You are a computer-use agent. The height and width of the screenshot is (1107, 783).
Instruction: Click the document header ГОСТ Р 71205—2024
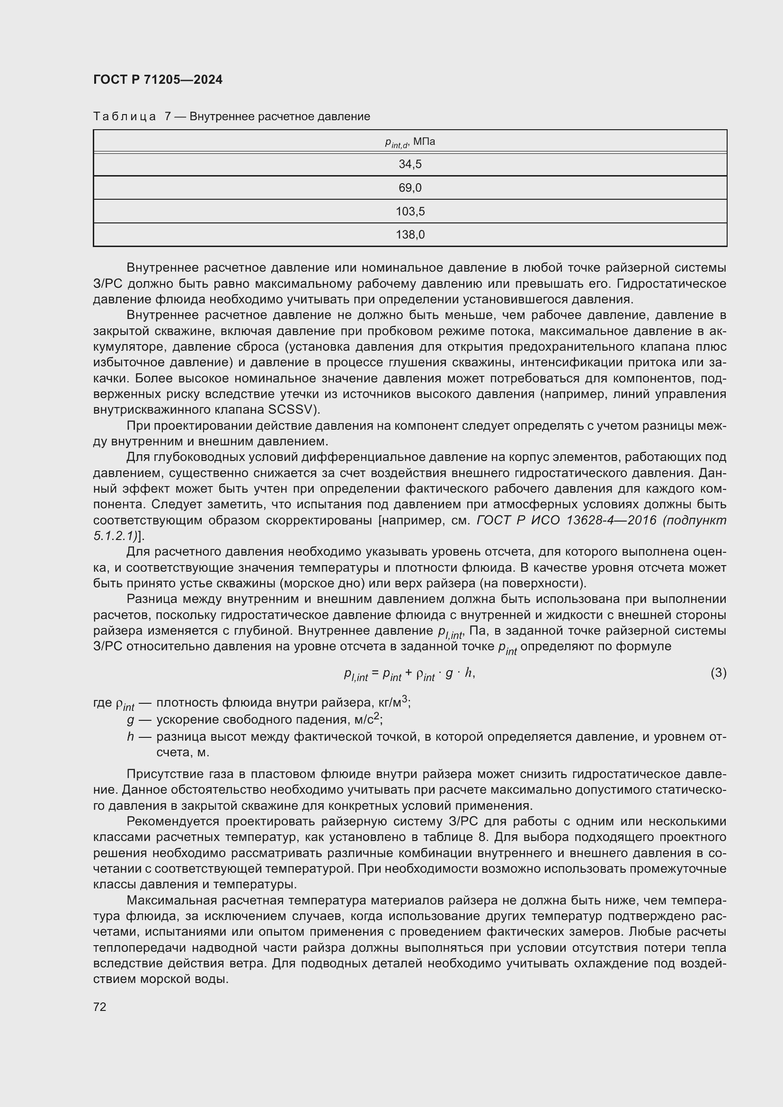point(158,80)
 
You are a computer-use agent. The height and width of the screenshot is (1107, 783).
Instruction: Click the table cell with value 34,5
point(410,164)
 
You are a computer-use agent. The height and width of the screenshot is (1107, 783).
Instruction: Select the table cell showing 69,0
point(410,188)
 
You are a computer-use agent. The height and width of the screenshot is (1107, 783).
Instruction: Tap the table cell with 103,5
point(410,212)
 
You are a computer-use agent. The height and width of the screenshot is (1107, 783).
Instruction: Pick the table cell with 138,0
point(410,235)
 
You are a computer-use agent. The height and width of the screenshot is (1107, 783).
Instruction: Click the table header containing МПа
point(410,142)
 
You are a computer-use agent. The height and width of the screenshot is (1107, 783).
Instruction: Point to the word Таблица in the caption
point(125,117)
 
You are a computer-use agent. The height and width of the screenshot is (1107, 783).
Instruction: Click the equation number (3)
point(718,673)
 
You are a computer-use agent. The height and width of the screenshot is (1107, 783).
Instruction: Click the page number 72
point(100,1007)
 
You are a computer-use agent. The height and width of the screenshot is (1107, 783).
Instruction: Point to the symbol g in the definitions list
point(130,720)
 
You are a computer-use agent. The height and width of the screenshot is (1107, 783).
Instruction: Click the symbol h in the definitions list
point(130,737)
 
